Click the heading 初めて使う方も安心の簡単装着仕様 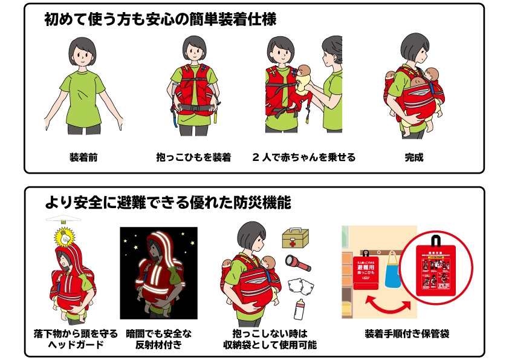pos(160,20)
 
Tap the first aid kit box pos(296,238)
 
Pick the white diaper pos(297,286)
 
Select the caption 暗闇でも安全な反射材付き pos(158,339)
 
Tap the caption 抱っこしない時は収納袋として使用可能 pos(270,339)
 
